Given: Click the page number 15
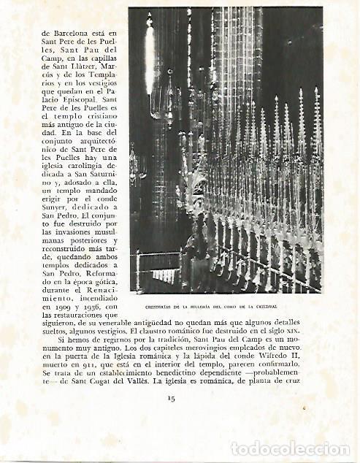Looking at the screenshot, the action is [171, 398].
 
